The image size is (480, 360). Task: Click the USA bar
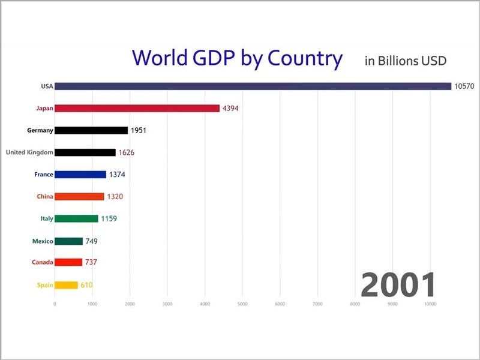[253, 86]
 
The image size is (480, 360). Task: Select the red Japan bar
[137, 109]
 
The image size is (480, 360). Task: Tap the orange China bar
[79, 196]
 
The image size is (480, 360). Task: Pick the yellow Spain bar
[66, 285]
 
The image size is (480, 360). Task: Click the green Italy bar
[76, 218]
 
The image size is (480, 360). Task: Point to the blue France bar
[80, 175]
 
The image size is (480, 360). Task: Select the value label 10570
[464, 86]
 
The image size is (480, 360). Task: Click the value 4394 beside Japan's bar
[232, 109]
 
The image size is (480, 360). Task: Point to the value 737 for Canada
[91, 262]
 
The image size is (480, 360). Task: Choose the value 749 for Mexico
[92, 241]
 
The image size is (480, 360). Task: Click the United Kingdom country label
[29, 152]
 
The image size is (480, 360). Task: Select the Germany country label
[40, 130]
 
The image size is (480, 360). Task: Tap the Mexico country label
[43, 241]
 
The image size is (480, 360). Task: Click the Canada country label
[42, 262]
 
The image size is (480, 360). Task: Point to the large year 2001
[398, 285]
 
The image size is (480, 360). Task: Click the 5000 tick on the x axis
[242, 304]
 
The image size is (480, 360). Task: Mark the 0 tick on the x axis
[55, 304]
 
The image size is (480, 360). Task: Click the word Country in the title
[305, 59]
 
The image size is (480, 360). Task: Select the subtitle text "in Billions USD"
[406, 61]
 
